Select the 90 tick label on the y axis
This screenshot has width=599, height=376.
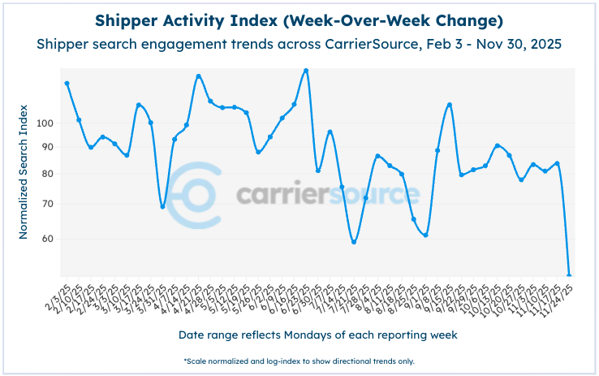46,147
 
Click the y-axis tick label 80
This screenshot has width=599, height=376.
46,174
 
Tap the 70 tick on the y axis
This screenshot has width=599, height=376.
46,204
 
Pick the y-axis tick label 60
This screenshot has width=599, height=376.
46,239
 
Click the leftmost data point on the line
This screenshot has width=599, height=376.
67,83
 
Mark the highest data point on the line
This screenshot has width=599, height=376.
306,71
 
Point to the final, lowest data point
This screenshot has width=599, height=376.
569,275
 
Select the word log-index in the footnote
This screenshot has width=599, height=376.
311,361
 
